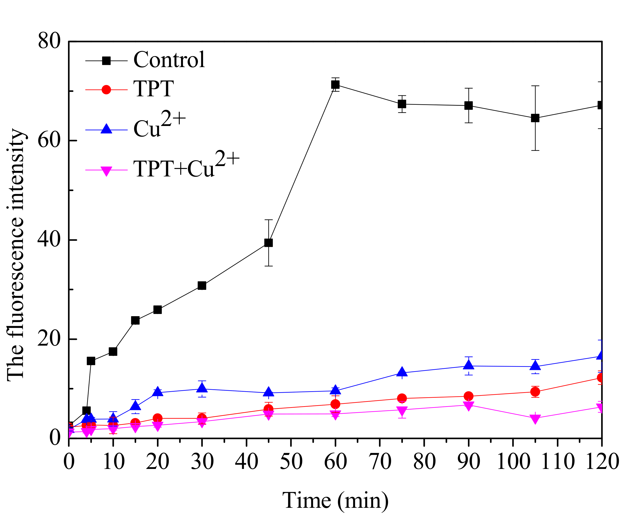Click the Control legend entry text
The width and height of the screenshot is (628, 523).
[x=169, y=60]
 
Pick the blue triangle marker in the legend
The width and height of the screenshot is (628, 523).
[x=106, y=129]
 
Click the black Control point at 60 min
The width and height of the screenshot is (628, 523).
[x=335, y=85]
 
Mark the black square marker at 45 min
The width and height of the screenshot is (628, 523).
[x=269, y=243]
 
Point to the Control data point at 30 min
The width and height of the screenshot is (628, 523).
[x=202, y=286]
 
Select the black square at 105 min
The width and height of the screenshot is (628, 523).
[x=535, y=118]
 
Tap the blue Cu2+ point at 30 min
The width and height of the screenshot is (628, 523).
[x=202, y=388]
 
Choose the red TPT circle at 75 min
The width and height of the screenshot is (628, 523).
[x=402, y=398]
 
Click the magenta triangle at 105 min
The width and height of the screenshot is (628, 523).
[x=535, y=419]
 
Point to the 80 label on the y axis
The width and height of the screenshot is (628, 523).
[x=49, y=41]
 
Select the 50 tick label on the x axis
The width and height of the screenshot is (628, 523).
[x=291, y=461]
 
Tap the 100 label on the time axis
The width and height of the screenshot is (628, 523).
[x=513, y=461]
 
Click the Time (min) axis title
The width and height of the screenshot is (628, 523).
[x=335, y=500]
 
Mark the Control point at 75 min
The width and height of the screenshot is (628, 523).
[x=402, y=104]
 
